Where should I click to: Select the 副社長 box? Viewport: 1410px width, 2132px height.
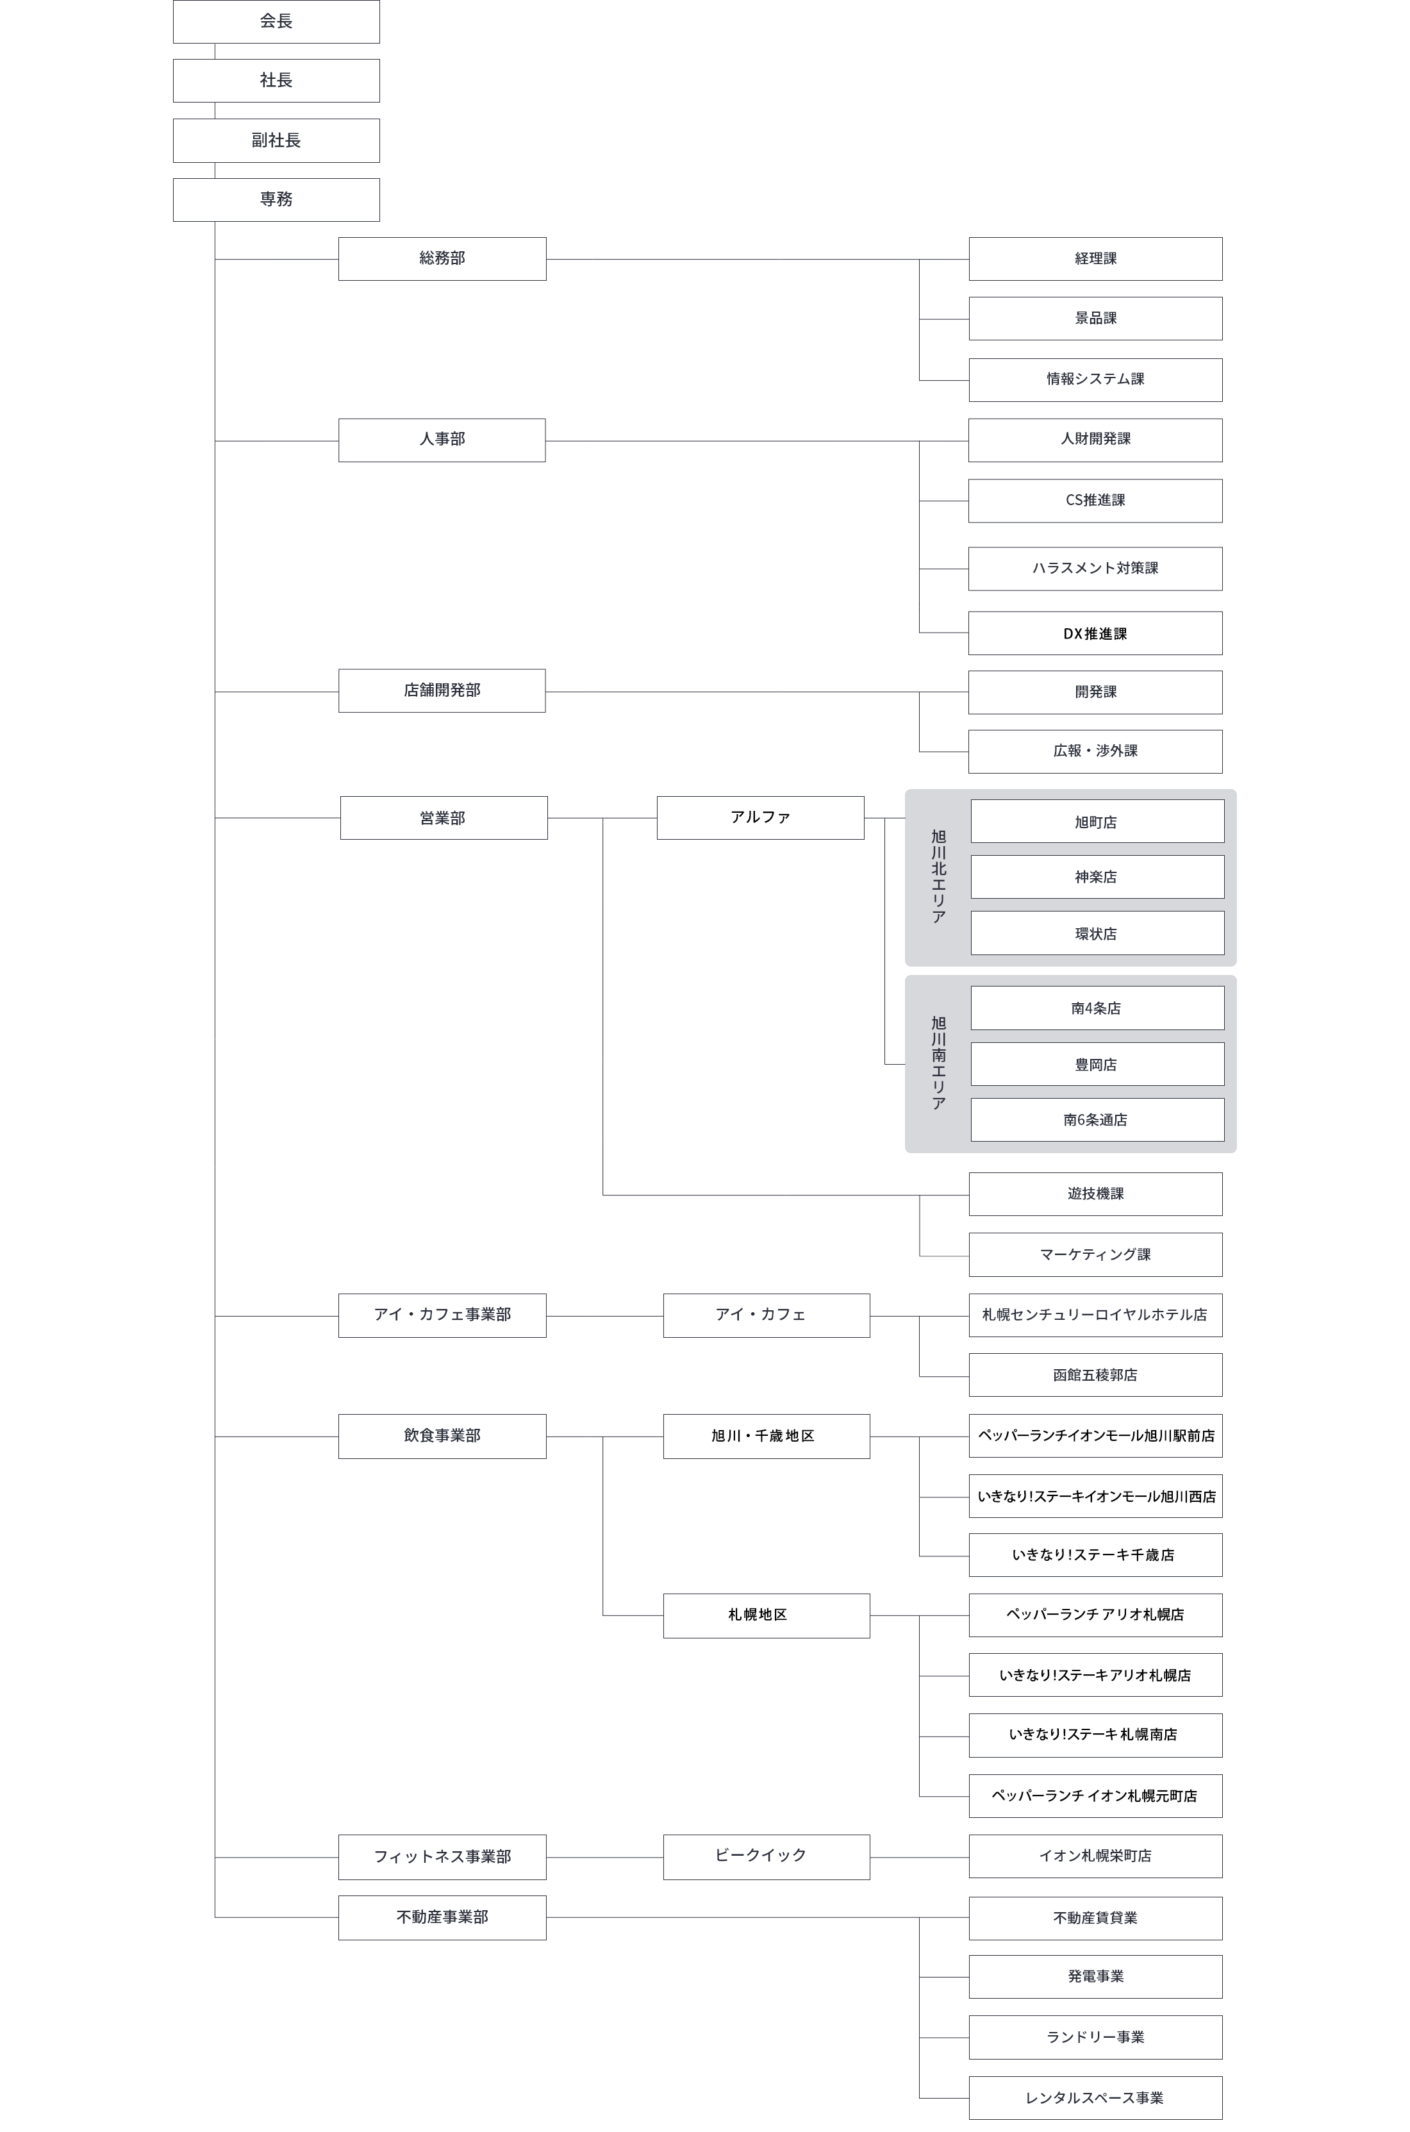pyautogui.click(x=276, y=140)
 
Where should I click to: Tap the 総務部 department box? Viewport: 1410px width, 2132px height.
pyautogui.click(x=442, y=259)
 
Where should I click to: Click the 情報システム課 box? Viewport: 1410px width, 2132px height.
pyautogui.click(x=1095, y=379)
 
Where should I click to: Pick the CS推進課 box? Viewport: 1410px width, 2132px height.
pyautogui.click(x=1095, y=501)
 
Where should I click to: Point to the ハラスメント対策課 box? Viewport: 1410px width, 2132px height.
pyautogui.click(x=1095, y=569)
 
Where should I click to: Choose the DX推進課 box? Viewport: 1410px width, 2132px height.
pyautogui.click(x=1095, y=633)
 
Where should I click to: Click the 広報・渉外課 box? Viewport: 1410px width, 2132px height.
pyautogui.click(x=1095, y=751)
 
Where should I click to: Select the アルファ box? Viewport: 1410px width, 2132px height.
pyautogui.click(x=760, y=817)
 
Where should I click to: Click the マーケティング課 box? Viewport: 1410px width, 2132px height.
pyautogui.click(x=1095, y=1254)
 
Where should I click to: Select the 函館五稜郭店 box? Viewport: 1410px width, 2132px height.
pyautogui.click(x=1095, y=1375)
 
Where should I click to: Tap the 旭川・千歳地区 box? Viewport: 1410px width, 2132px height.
pyautogui.click(x=765, y=1436)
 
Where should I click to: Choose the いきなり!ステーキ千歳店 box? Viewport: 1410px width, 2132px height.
pyautogui.click(x=1095, y=1554)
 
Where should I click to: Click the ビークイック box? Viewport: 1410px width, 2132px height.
pyautogui.click(x=765, y=1856)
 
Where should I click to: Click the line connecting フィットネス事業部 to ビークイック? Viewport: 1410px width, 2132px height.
pyautogui.click(x=604, y=1857)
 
